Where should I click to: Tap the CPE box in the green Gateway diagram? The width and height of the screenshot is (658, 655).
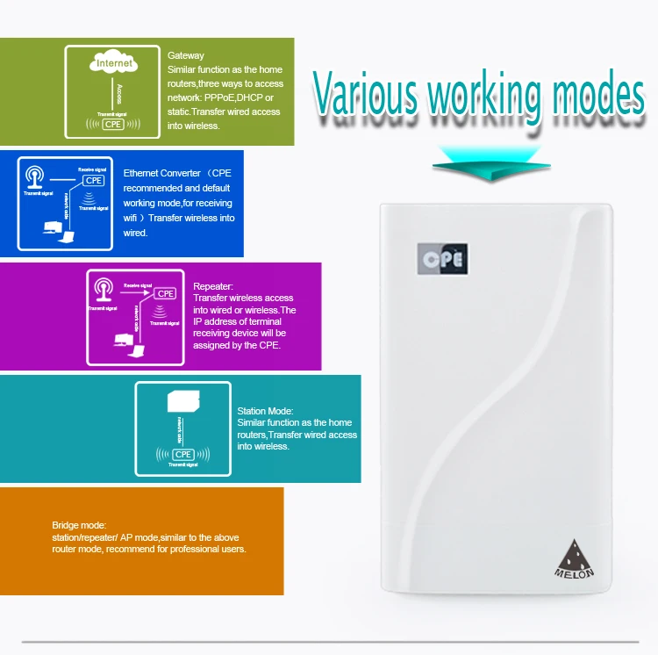pyautogui.click(x=114, y=124)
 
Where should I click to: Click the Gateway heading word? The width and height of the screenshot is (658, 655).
pyautogui.click(x=186, y=56)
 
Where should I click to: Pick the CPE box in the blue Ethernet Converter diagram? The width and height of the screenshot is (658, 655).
pyautogui.click(x=93, y=181)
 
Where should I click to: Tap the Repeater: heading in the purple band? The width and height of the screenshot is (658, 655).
pyautogui.click(x=213, y=286)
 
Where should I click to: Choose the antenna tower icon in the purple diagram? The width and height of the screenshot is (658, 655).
pyautogui.click(x=103, y=291)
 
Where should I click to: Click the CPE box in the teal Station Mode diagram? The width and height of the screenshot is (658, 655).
pyautogui.click(x=183, y=454)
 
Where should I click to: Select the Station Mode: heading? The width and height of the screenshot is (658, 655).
pyautogui.click(x=266, y=411)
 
